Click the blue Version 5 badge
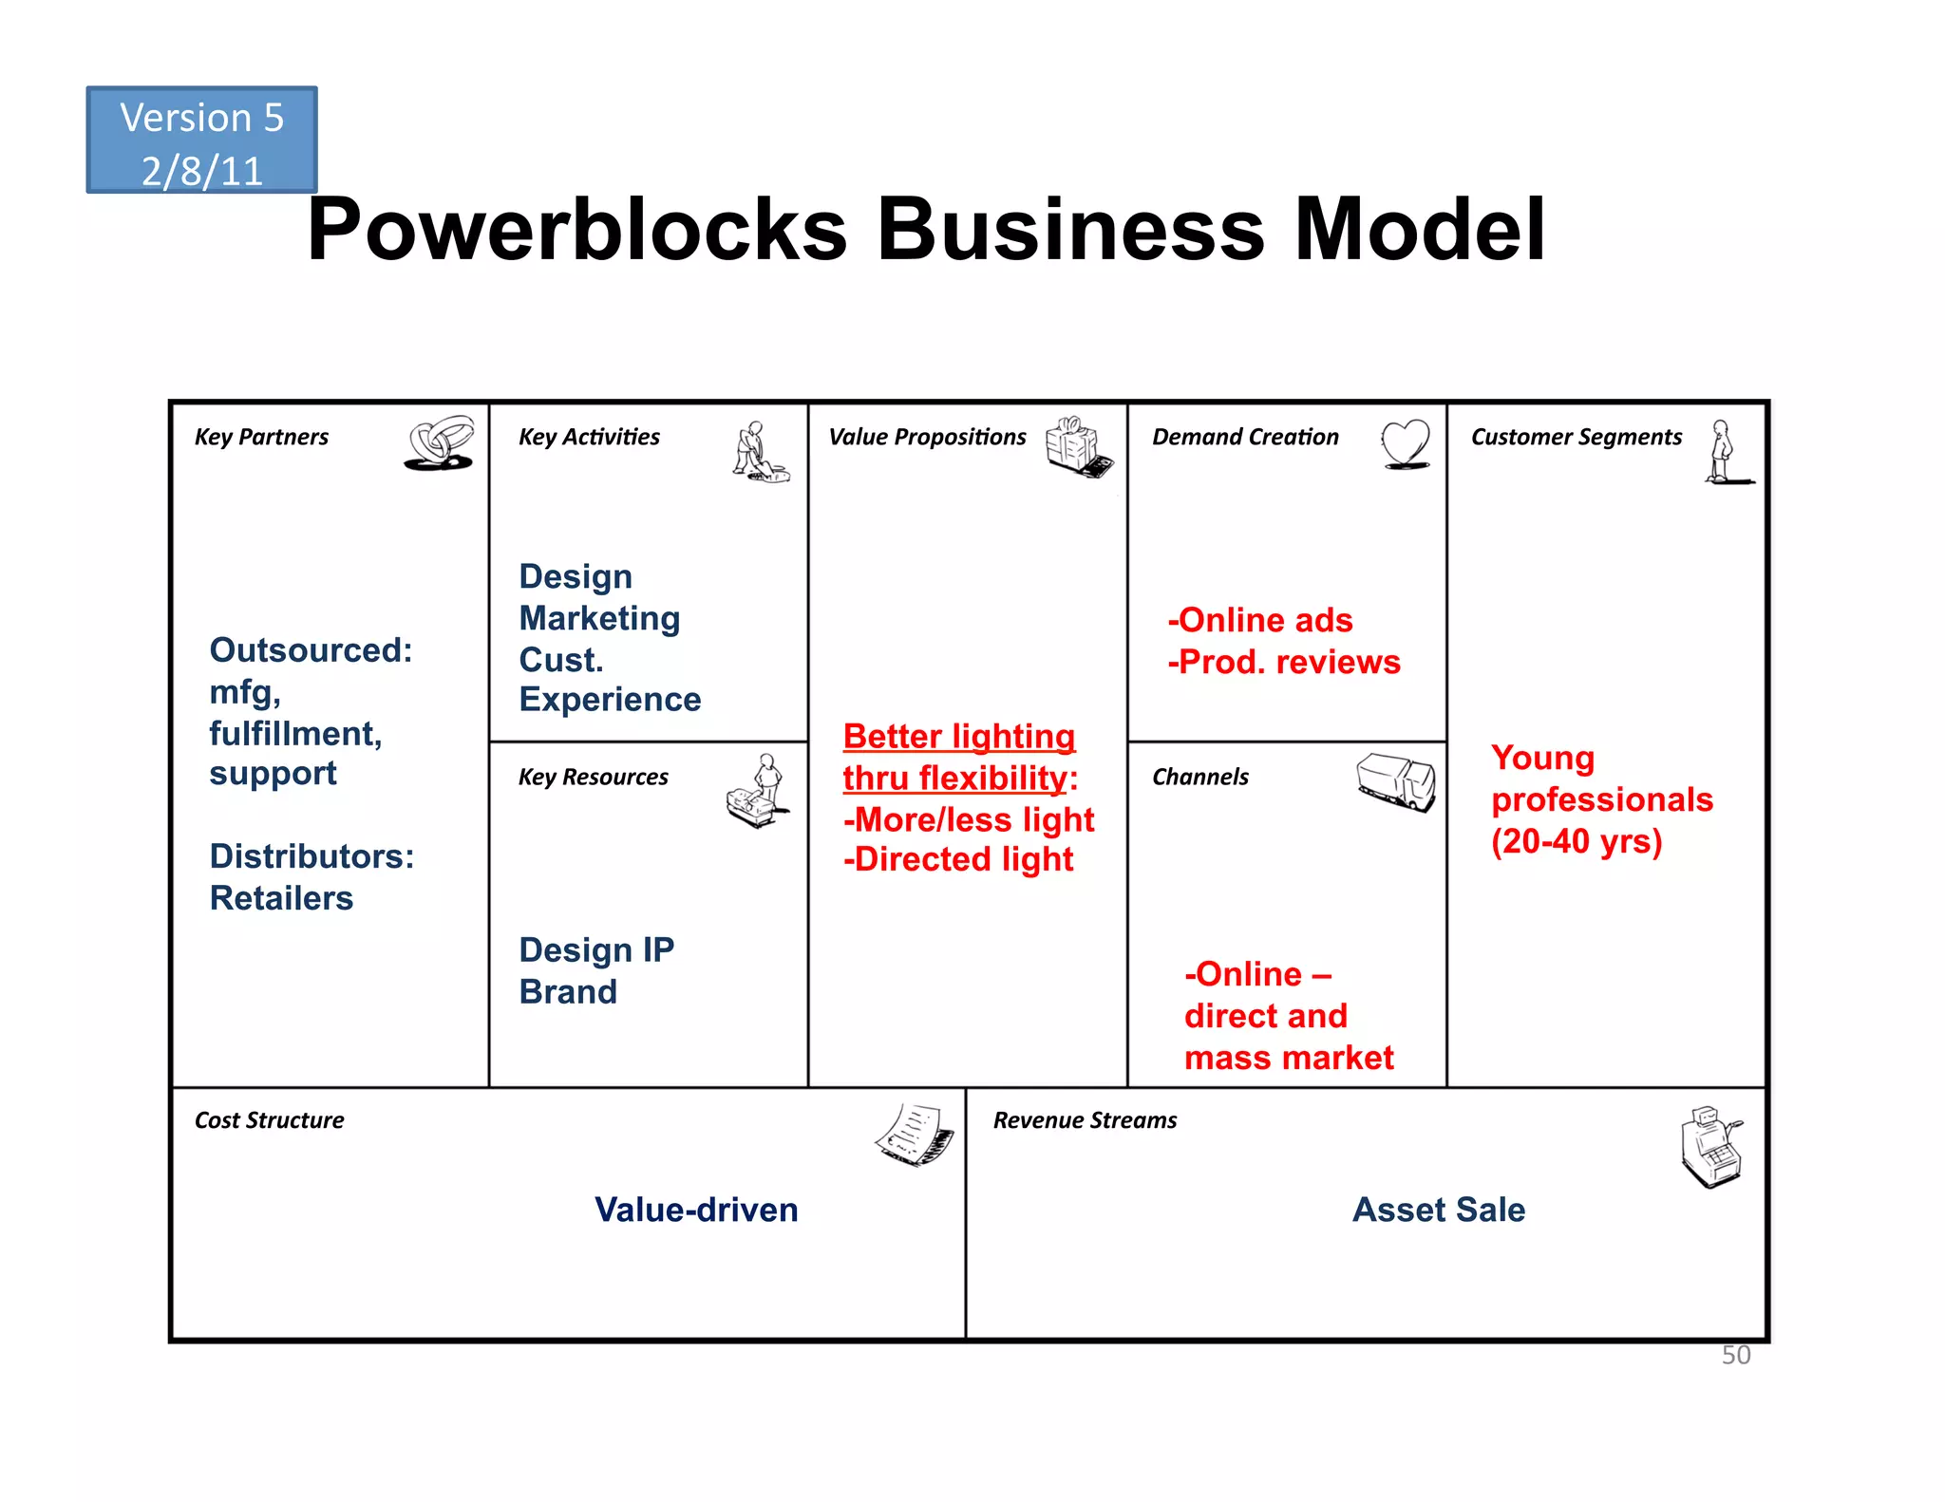pos(201,141)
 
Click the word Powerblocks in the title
pos(576,230)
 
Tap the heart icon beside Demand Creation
pos(1405,443)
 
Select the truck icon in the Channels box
pos(1395,782)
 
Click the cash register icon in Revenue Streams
pos(1711,1146)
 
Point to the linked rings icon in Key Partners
pos(440,442)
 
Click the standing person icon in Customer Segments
pos(1723,453)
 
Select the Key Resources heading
pos(593,777)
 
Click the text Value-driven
pos(696,1210)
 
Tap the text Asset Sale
pos(1438,1210)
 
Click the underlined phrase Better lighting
pos(958,737)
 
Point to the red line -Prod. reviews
pos(1283,662)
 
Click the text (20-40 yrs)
pos(1576,841)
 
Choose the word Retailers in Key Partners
pos(281,898)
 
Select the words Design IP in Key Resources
pos(596,950)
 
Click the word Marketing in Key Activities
pos(599,618)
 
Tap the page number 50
pos(1735,1355)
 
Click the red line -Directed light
pos(957,859)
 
